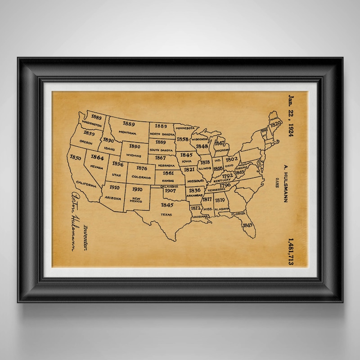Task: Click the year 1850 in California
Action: coord(76,158)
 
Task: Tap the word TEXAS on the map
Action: coord(166,215)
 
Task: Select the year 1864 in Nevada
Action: coord(97,157)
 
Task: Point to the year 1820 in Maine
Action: coord(275,123)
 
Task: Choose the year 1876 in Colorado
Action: coord(141,168)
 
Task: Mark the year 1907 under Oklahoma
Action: coord(170,190)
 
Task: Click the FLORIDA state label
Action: coord(239,213)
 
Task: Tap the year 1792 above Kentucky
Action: coord(228,175)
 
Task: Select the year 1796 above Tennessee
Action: coord(225,185)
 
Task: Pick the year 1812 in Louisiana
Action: coord(195,208)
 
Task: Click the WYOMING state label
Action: coord(134,155)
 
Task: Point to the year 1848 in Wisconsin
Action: coord(202,146)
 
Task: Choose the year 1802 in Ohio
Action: coord(232,159)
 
